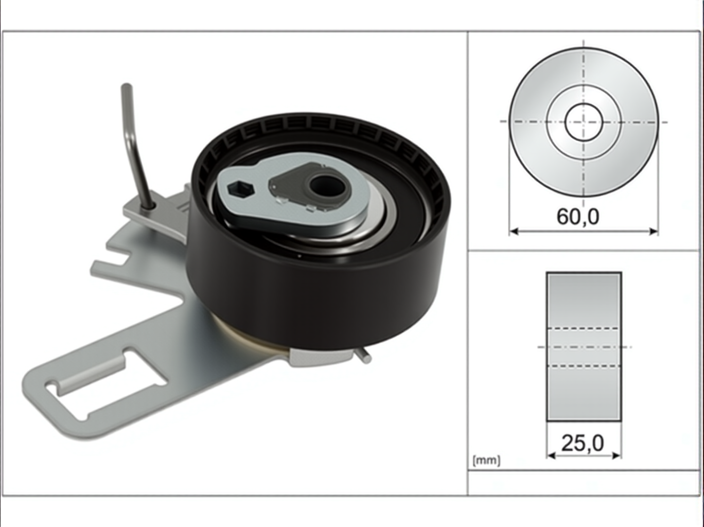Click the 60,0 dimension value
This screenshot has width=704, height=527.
tap(577, 217)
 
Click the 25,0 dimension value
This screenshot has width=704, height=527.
tap(583, 444)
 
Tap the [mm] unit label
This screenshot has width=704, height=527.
tap(486, 461)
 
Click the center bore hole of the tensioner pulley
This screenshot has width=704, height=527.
tap(326, 186)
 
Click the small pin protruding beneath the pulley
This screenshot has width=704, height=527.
tap(365, 357)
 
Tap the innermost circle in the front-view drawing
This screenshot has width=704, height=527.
tap(584, 122)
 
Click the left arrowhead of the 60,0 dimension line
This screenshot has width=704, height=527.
tap(514, 231)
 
